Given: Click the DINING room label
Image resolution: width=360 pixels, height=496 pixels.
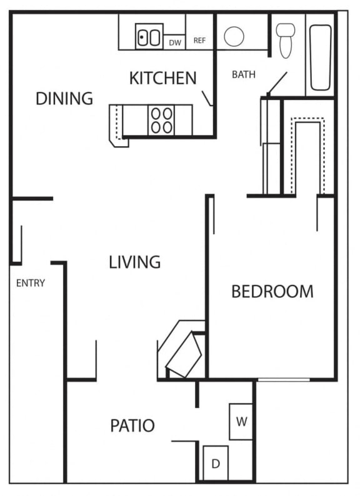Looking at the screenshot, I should [x=64, y=99].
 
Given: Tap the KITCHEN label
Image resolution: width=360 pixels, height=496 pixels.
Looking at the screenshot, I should [x=162, y=78].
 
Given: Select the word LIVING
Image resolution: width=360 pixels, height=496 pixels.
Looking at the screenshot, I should [x=135, y=262].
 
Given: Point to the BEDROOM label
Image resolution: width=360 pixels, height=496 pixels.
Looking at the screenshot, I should [x=272, y=291].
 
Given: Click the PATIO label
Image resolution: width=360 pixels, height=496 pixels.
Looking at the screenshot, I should [x=132, y=426].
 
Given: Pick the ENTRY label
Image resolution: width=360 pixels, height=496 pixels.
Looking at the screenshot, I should [x=31, y=283].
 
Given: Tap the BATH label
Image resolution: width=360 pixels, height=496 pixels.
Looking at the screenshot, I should [x=244, y=74].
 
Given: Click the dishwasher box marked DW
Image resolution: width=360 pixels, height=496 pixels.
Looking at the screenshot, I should [x=175, y=42].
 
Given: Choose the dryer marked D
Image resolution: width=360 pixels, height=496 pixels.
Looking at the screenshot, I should [x=216, y=463].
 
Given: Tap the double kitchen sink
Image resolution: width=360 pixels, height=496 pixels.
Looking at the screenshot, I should [x=149, y=37].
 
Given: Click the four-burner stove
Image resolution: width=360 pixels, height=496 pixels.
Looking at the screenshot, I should [x=161, y=120].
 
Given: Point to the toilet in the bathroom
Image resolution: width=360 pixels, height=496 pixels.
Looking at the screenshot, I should [x=286, y=39].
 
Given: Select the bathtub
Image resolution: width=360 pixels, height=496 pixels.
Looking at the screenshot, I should [x=321, y=57].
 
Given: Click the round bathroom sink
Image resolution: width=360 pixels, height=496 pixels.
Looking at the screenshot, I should [x=234, y=37].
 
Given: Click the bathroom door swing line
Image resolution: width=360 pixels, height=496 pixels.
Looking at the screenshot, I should [x=277, y=83].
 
